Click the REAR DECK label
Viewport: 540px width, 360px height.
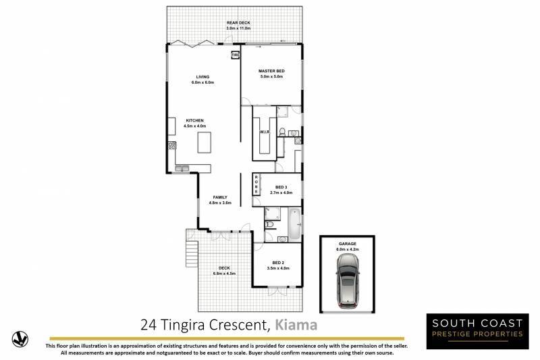tap(238, 23)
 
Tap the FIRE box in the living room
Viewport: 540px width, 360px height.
tap(235, 55)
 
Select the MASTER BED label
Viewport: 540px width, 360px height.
tap(271, 71)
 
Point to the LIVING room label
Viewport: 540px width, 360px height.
tap(202, 77)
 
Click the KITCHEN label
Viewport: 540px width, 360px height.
tap(194, 121)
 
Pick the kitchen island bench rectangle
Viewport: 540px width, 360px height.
tap(205, 142)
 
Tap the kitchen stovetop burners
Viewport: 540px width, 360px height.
tap(172, 145)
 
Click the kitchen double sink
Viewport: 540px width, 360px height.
tap(182, 168)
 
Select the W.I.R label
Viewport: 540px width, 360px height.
tap(265, 132)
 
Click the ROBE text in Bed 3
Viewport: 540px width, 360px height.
tap(256, 184)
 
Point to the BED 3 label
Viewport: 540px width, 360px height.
tap(281, 187)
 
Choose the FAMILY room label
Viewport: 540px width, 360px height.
tap(220, 197)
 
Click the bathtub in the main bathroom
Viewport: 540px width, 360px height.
tap(294, 224)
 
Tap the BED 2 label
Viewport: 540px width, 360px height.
tap(278, 263)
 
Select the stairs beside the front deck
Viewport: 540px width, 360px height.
tap(192, 253)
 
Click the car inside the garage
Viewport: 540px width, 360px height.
tap(348, 281)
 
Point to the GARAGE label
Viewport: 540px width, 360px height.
tap(348, 244)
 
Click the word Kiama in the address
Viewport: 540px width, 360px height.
tap(296, 325)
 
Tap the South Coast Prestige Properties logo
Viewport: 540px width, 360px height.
tap(477, 331)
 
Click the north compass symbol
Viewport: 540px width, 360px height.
tap(20, 339)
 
